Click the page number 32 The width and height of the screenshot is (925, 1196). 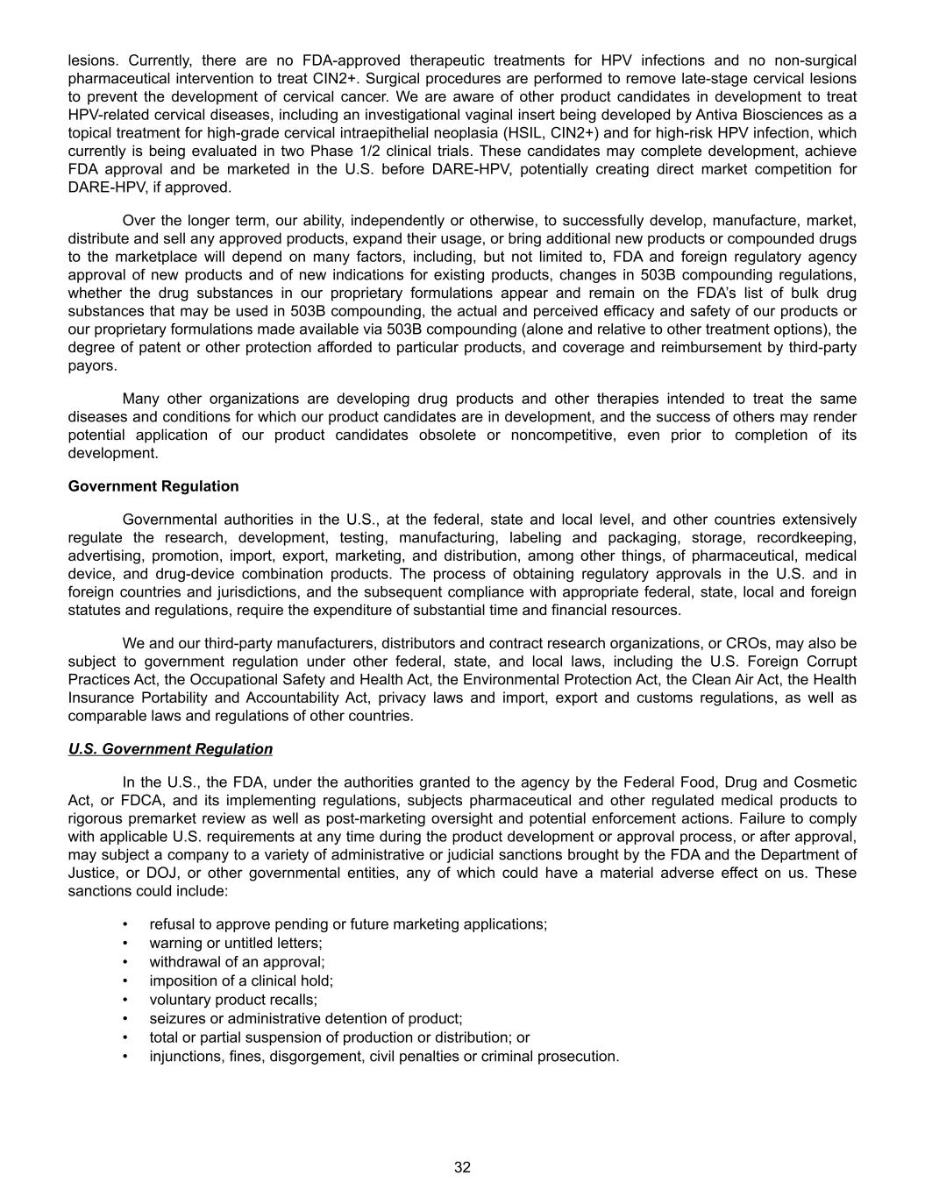click(x=462, y=1167)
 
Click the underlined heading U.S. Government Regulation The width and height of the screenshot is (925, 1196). click(x=170, y=749)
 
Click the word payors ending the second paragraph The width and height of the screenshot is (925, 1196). click(x=92, y=366)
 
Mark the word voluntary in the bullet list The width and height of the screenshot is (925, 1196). click(x=179, y=1000)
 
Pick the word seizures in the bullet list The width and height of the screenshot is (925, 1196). click(x=178, y=1019)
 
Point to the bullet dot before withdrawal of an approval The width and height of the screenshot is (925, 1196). click(x=126, y=962)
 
